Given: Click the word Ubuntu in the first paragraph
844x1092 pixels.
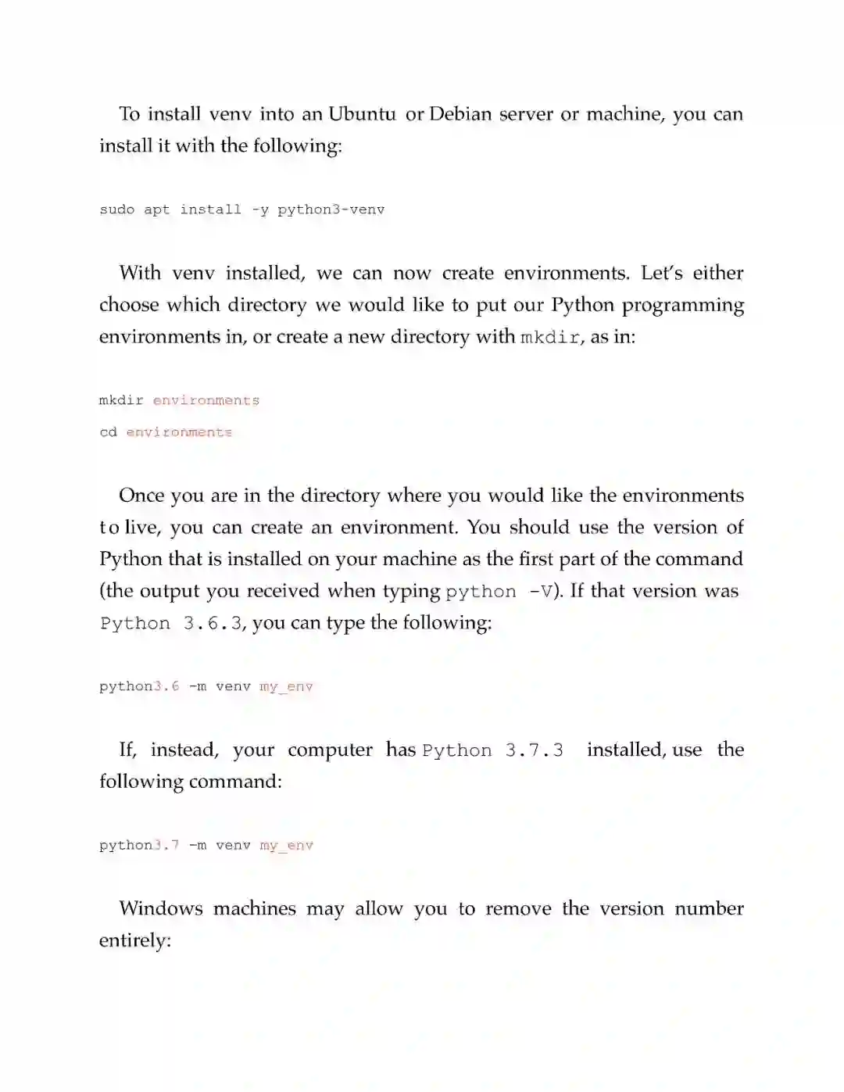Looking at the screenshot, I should (362, 114).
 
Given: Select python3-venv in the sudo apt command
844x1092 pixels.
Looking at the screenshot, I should (331, 209).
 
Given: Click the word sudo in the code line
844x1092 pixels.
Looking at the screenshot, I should (117, 209).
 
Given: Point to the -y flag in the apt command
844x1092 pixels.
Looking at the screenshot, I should (259, 209).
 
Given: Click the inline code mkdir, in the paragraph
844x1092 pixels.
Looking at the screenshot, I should (551, 338).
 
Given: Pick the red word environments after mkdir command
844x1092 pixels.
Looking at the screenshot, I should (206, 400).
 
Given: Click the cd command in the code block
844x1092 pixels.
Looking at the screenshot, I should (108, 432).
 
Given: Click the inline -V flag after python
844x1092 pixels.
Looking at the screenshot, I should (541, 592).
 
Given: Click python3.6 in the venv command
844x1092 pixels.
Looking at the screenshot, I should (139, 686).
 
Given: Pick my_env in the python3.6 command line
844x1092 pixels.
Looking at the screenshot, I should (286, 686).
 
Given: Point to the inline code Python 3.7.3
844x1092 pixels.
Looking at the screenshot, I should (492, 750).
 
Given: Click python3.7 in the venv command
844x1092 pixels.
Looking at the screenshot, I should (139, 845).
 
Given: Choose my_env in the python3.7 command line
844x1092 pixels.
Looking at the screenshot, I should (286, 845).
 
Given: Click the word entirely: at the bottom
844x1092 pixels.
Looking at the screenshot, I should (134, 940).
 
